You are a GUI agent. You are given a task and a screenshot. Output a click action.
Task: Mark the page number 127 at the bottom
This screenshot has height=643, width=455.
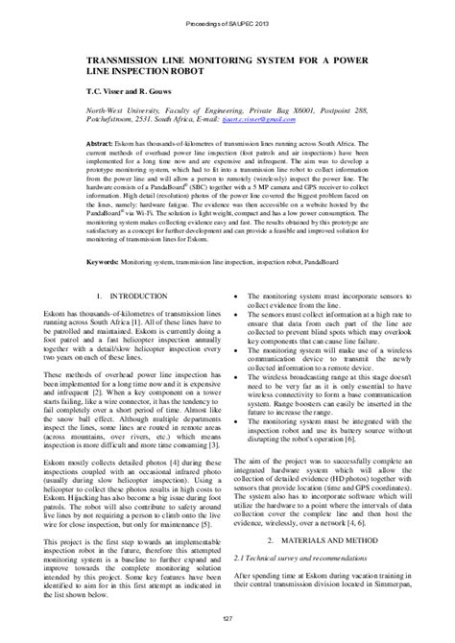click(x=227, y=627)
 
